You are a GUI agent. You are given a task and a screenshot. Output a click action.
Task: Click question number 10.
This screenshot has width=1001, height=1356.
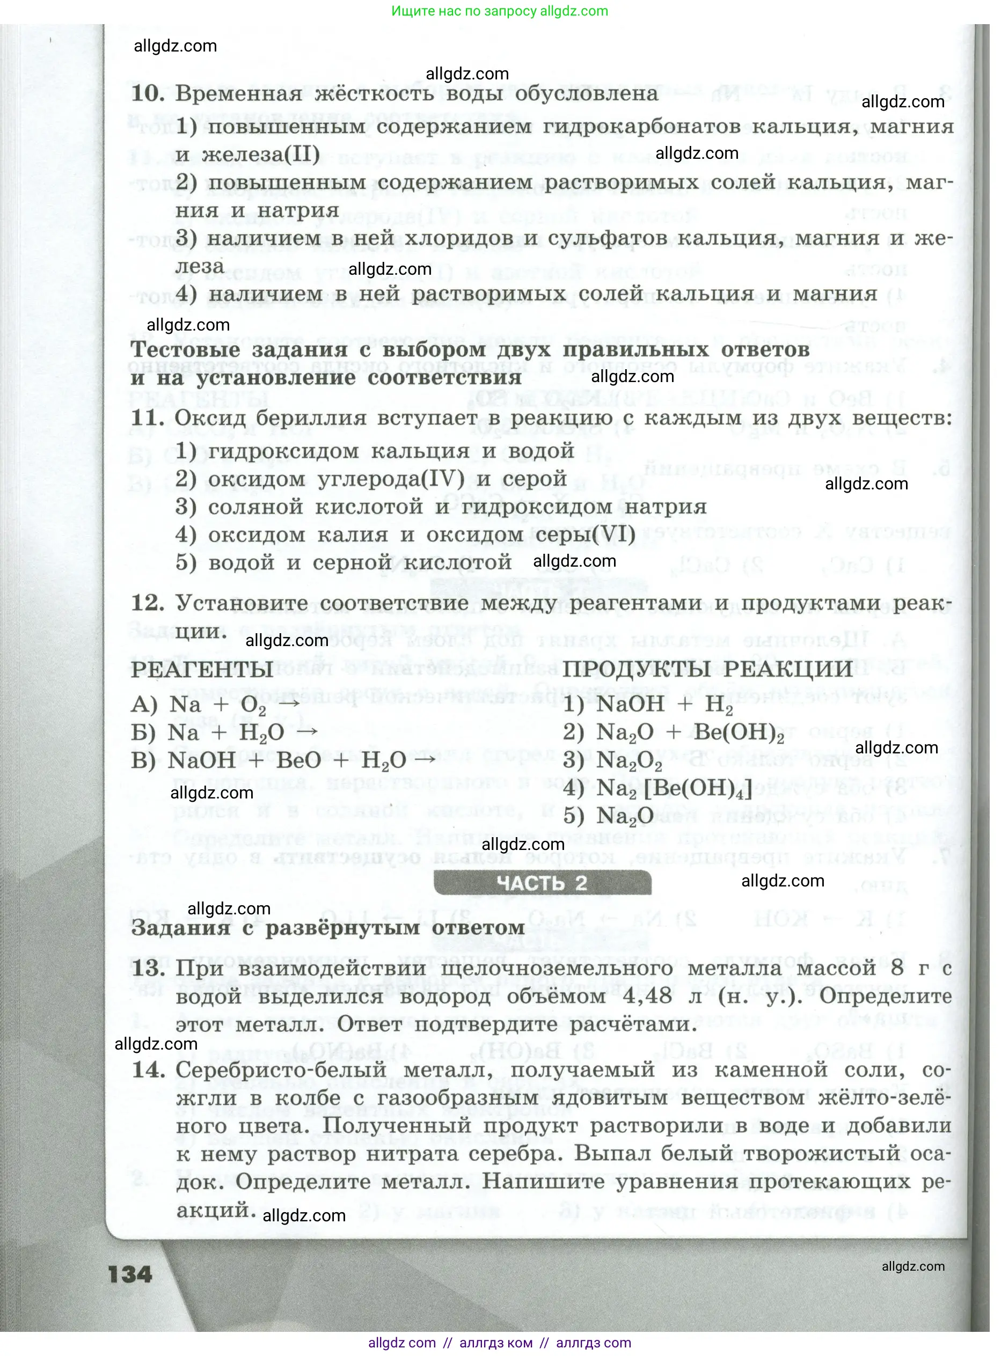tap(148, 93)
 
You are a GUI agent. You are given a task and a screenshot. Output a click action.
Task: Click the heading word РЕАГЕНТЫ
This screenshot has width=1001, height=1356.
tap(202, 670)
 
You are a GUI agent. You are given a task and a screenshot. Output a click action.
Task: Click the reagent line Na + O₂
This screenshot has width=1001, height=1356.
tap(215, 705)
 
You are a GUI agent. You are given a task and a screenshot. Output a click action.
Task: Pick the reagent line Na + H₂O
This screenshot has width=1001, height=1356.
tap(224, 733)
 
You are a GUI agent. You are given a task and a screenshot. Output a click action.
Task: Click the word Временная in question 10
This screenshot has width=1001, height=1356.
tap(239, 94)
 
